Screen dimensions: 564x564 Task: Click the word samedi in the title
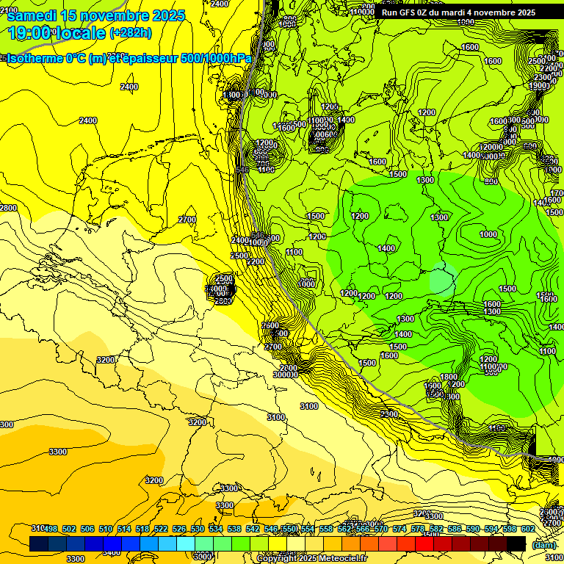[x=32, y=15]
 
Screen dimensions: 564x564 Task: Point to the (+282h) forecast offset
[x=130, y=33]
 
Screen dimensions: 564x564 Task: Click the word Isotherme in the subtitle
[x=35, y=59]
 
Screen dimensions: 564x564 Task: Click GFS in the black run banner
[x=413, y=12]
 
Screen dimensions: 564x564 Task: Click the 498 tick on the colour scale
[x=51, y=529]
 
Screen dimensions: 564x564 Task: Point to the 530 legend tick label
[x=198, y=529]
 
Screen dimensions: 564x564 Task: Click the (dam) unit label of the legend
[x=543, y=544]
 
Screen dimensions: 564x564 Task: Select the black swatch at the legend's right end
[x=516, y=543]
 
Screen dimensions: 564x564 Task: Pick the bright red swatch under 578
[x=424, y=543]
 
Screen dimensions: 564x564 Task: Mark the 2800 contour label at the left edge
[x=8, y=208]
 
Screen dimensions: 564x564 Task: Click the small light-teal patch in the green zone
[x=442, y=279]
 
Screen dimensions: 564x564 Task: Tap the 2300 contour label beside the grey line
[x=389, y=414]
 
